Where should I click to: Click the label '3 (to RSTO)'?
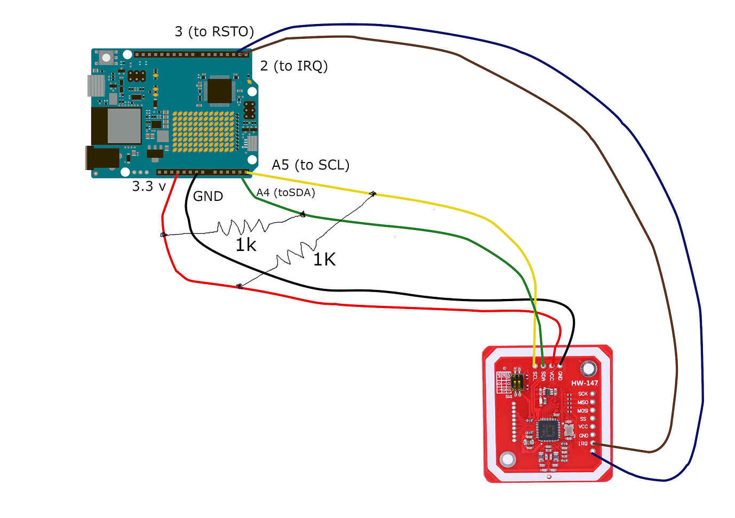pyautogui.click(x=214, y=32)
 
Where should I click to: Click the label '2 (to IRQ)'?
pyautogui.click(x=294, y=66)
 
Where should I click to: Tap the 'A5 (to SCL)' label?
pyautogui.click(x=310, y=165)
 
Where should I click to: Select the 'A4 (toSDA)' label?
pyautogui.click(x=286, y=193)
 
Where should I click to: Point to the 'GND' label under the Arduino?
pyautogui.click(x=208, y=197)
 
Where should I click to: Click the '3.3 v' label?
pyautogui.click(x=149, y=187)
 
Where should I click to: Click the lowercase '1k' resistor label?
pyautogui.click(x=246, y=245)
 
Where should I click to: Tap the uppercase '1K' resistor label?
pyautogui.click(x=324, y=260)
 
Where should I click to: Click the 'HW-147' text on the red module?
pyautogui.click(x=585, y=383)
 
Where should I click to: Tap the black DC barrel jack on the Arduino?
pyautogui.click(x=102, y=158)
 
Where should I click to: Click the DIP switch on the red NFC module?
pyautogui.click(x=517, y=383)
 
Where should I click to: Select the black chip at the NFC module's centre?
pyautogui.click(x=547, y=430)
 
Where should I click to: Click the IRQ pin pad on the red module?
pyautogui.click(x=593, y=443)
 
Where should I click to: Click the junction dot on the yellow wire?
pyautogui.click(x=373, y=193)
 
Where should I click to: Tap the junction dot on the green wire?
pyautogui.click(x=303, y=214)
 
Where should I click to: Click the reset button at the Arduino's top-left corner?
pyautogui.click(x=107, y=57)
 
